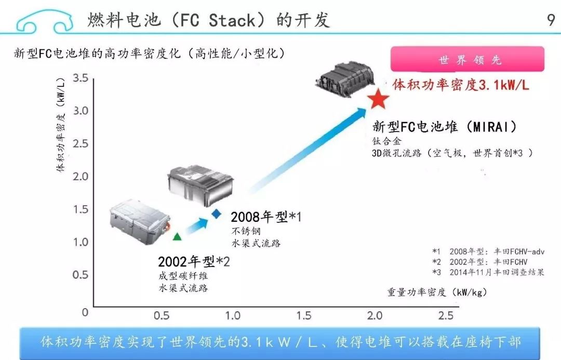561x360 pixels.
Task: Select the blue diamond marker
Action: pyautogui.click(x=217, y=214)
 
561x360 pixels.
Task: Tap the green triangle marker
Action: pyautogui.click(x=177, y=236)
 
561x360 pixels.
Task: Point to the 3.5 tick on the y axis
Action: pyautogui.click(x=81, y=77)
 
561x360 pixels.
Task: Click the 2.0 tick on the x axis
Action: pyautogui.click(x=375, y=315)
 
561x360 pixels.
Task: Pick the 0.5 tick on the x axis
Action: pyautogui.click(x=162, y=315)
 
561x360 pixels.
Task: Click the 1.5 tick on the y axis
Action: pyautogui.click(x=81, y=209)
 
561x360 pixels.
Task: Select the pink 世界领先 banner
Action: pyautogui.click(x=468, y=59)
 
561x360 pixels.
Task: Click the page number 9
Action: pyautogui.click(x=551, y=20)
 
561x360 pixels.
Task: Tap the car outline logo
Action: pyautogui.click(x=44, y=22)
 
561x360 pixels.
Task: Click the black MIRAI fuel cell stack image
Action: pyautogui.click(x=345, y=80)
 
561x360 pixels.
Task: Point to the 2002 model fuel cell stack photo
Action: pyautogui.click(x=140, y=221)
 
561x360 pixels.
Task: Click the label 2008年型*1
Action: pyautogui.click(x=266, y=217)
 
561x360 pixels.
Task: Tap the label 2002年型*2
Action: pyautogui.click(x=194, y=262)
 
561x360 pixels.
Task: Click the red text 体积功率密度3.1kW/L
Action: pyautogui.click(x=460, y=85)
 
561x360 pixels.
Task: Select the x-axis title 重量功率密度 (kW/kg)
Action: pyautogui.click(x=437, y=292)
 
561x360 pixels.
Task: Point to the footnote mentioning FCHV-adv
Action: pyautogui.click(x=488, y=251)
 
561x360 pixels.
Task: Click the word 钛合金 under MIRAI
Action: pyautogui.click(x=387, y=141)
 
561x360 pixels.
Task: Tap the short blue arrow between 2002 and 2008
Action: pyautogui.click(x=196, y=226)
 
